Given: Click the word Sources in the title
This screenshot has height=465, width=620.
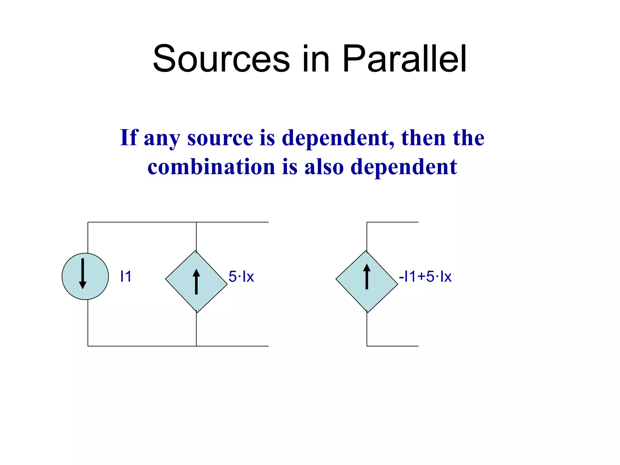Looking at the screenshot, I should (221, 59).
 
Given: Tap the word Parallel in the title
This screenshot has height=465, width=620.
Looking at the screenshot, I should (404, 59).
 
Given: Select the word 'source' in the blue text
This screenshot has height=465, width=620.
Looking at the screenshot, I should (220, 138).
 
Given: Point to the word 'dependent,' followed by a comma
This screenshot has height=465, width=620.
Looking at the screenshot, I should (338, 138).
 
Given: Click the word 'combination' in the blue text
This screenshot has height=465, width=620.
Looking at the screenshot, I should (211, 167).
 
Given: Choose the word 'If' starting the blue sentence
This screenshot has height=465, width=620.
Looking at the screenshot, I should (129, 137).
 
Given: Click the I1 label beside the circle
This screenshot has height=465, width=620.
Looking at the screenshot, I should (126, 276).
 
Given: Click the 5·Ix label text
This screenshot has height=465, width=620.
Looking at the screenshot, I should (241, 276).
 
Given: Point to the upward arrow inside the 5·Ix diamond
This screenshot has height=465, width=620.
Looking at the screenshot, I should (196, 282).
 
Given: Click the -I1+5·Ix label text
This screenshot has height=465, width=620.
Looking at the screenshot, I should (425, 276).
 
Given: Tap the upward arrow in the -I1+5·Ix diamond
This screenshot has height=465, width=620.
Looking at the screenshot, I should (367, 276).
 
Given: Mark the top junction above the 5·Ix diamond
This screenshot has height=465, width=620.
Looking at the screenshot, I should (196, 222).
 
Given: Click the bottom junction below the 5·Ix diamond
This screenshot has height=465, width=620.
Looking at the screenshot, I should (196, 346).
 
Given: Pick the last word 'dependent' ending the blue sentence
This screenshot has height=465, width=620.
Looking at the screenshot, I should (404, 167).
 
